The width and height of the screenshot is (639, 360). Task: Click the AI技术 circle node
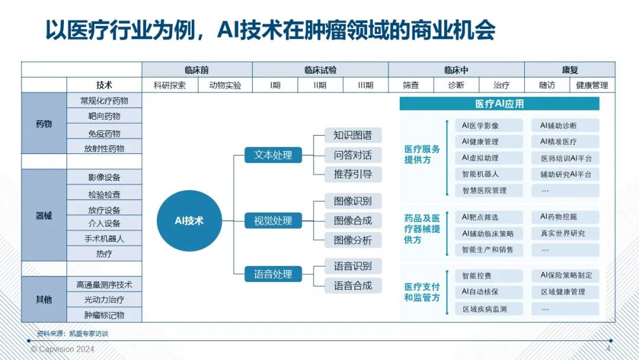click(189, 221)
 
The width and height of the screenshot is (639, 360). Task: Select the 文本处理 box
click(273, 155)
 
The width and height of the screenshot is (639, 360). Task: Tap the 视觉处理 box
click(273, 221)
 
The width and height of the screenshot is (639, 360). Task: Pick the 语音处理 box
click(273, 274)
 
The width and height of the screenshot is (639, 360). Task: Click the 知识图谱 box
click(353, 136)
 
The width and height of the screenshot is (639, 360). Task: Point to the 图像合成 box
click(353, 221)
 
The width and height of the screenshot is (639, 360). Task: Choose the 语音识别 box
click(353, 265)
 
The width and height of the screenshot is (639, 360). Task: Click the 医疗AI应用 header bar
click(499, 104)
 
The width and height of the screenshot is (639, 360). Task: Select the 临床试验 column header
click(320, 70)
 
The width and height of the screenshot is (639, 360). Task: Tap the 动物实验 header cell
click(225, 85)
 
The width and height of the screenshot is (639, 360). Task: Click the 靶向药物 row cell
click(104, 116)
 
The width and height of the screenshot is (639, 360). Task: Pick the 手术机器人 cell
click(104, 239)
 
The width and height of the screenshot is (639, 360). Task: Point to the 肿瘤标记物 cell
click(104, 315)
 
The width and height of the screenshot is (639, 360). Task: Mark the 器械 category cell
click(44, 216)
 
